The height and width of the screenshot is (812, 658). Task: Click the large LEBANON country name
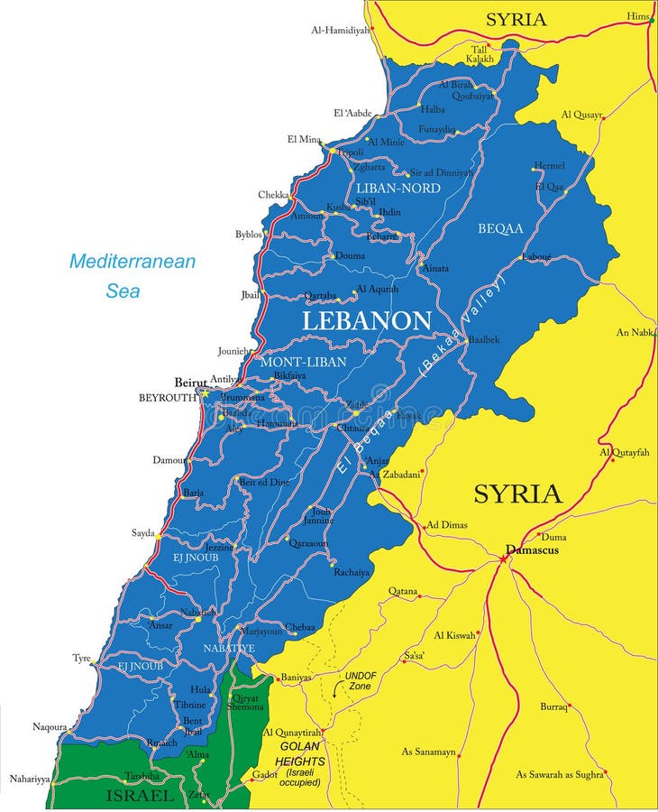coord(366,320)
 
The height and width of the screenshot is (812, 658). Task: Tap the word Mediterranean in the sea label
coord(133,262)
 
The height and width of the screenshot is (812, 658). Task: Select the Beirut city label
coord(190,383)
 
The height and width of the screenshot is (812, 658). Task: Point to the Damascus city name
coord(532,549)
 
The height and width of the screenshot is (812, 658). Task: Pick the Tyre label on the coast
coord(82,658)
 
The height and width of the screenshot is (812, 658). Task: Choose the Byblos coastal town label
coord(249,235)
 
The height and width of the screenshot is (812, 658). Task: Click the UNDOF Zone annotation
coord(361,680)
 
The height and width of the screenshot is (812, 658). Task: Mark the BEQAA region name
coord(500,228)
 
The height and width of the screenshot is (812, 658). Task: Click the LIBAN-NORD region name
coord(398,188)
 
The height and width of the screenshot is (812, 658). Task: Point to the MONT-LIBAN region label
coord(303,361)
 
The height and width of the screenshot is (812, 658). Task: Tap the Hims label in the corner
coord(638,16)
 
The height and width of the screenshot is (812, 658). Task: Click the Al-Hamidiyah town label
coord(341,30)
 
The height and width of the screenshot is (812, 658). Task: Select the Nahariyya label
coord(30,778)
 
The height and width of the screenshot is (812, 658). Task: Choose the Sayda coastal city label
coord(142,533)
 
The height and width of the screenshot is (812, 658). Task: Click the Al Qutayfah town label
coord(624,452)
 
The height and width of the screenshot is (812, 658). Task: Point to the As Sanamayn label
coord(428,751)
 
